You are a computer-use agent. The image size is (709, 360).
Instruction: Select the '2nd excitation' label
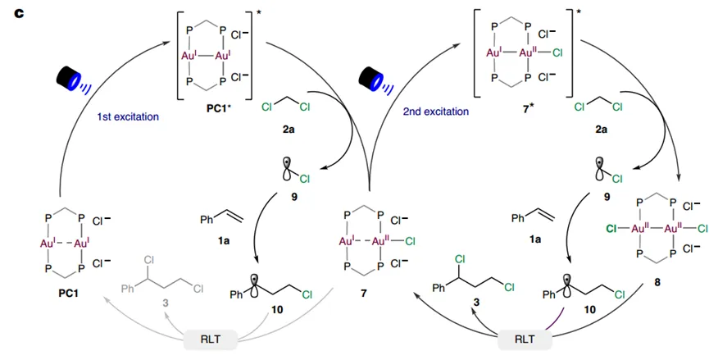435,112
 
